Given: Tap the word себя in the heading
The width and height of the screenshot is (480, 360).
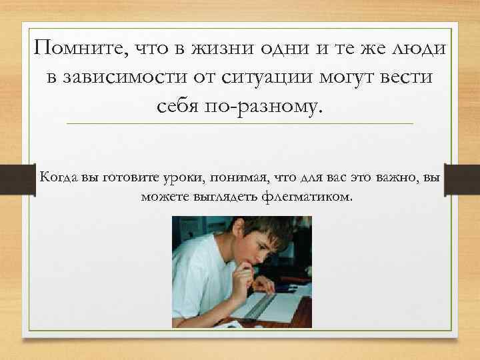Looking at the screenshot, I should (x=179, y=106).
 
